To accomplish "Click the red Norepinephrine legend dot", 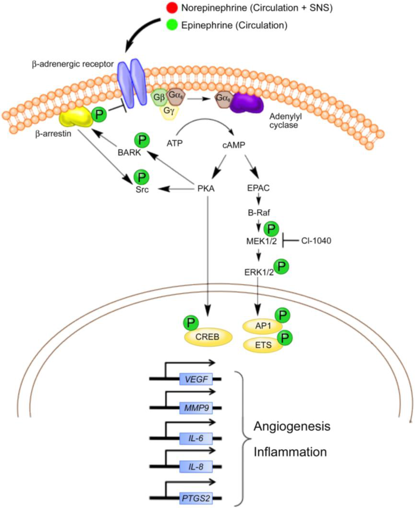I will tap(171, 8).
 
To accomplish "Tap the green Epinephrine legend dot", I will tap(171, 25).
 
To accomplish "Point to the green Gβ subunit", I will tap(157, 98).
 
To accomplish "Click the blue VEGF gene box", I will tap(196, 380).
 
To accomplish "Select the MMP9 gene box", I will tap(196, 408).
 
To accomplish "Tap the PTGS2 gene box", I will tap(196, 498).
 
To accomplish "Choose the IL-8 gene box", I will tap(196, 467).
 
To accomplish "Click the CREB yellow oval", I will tap(208, 337).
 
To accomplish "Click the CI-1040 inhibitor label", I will tap(316, 241).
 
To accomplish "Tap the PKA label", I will tap(206, 189).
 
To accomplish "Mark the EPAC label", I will tap(258, 188).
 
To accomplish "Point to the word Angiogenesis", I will tap(292, 426).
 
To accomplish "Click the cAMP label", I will tap(234, 145).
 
